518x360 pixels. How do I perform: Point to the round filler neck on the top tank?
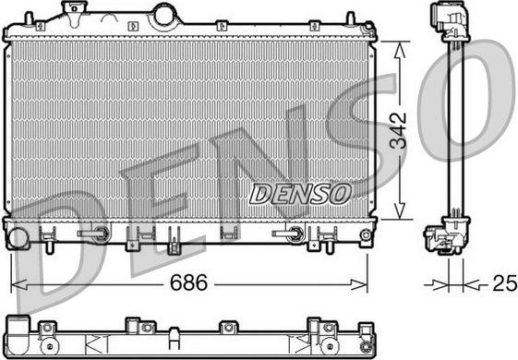click(x=164, y=16)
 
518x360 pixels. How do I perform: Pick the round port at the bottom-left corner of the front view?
click(x=17, y=238)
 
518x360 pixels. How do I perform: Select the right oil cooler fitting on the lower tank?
click(x=290, y=234)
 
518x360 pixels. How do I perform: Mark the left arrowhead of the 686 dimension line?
click(x=14, y=283)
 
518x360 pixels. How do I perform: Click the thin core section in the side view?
click(x=452, y=129)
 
